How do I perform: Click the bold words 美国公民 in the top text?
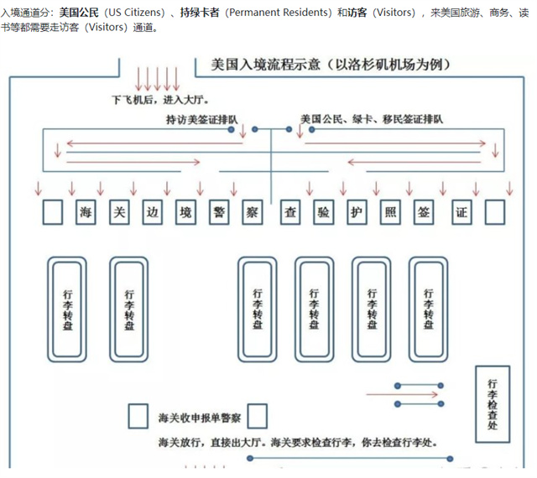79,13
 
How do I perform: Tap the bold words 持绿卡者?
199,13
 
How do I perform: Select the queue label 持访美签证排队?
201,120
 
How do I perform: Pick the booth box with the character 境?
185,211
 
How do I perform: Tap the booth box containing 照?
389,211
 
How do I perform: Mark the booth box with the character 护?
356,211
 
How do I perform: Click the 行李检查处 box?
493,403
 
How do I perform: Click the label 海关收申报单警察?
200,417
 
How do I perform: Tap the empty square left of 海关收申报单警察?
138,416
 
